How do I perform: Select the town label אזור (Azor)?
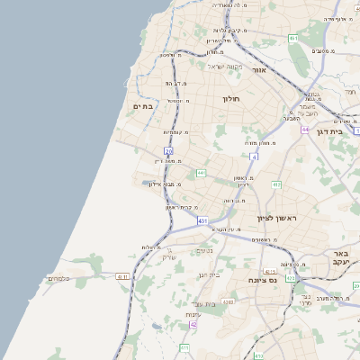click(260, 68)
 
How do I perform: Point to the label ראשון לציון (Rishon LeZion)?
click(277, 219)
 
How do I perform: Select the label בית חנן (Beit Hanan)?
click(208, 274)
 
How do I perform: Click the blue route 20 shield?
click(168, 150)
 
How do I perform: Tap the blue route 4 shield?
click(255, 157)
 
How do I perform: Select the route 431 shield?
click(203, 220)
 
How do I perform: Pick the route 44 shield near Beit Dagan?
click(305, 130)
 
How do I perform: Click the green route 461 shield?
click(293, 38)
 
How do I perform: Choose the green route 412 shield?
click(276, 185)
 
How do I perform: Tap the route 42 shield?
click(193, 324)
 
